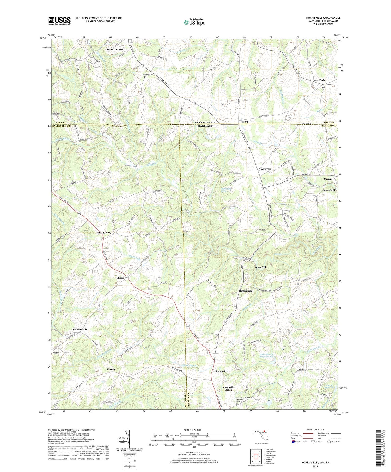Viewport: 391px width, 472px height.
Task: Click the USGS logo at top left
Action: [x=59, y=21]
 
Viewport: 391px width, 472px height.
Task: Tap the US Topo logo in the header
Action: [x=194, y=22]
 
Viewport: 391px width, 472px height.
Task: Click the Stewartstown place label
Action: [x=114, y=49]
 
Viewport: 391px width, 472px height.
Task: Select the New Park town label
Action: [x=319, y=80]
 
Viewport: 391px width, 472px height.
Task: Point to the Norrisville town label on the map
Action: [x=265, y=169]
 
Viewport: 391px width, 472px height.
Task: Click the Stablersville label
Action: [x=80, y=329]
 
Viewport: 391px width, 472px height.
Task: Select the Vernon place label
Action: [x=111, y=369]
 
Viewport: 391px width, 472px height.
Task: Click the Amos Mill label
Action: [x=329, y=190]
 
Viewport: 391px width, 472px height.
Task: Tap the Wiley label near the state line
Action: [x=245, y=122]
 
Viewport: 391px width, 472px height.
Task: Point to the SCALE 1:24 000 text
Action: [x=194, y=430]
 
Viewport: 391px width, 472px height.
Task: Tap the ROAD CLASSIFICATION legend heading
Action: [x=315, y=430]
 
